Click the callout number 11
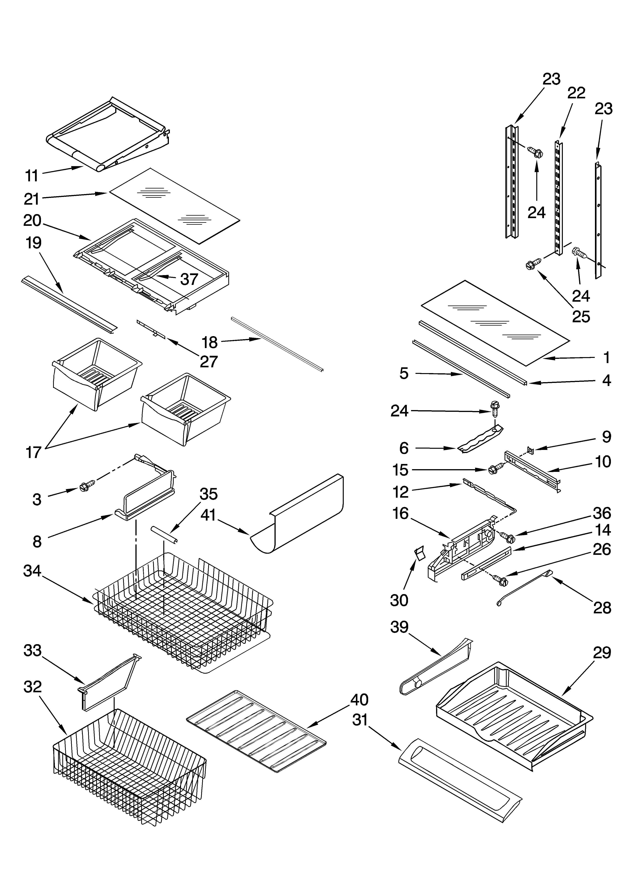tap(32, 176)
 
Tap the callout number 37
tap(189, 279)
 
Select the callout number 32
tap(33, 687)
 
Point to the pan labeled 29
tap(514, 714)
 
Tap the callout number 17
tap(33, 452)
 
